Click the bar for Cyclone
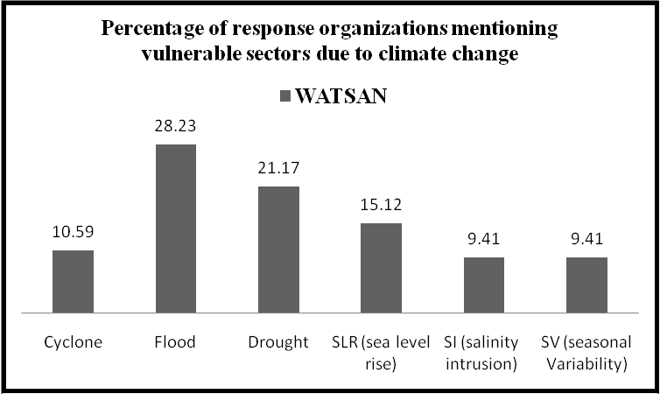point(74,281)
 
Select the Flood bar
point(176,229)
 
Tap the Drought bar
point(278,250)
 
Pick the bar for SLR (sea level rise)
point(381,268)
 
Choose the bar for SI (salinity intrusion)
point(483,285)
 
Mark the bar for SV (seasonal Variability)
point(586,285)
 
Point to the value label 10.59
point(74,235)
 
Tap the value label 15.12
point(381,208)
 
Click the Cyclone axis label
point(74,342)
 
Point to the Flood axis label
point(176,342)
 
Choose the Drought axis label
point(278,342)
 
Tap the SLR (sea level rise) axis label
point(381,351)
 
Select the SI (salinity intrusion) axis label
point(483,351)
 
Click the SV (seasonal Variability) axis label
point(586,351)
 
